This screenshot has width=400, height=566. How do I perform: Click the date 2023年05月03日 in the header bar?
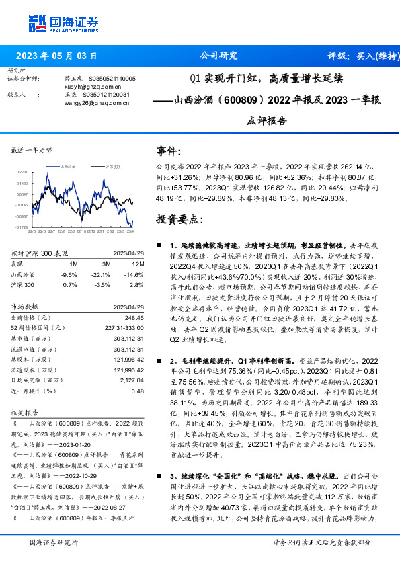(x=56, y=56)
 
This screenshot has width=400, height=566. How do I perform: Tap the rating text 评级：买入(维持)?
(x=351, y=56)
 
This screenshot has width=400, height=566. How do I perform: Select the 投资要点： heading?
(x=177, y=219)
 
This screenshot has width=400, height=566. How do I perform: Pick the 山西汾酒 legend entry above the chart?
(x=67, y=165)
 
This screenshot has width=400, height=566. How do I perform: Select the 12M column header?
(x=139, y=264)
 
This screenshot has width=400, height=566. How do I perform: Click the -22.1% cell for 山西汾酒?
(x=101, y=274)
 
